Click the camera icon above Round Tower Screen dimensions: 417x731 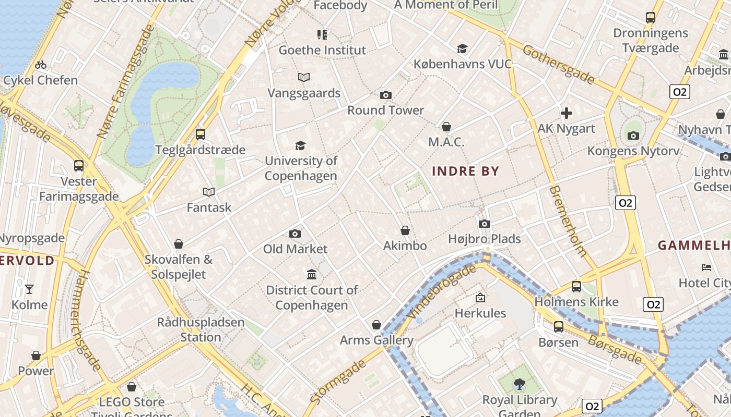386,95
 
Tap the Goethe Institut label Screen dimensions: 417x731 322,50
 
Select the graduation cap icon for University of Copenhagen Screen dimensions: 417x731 300,145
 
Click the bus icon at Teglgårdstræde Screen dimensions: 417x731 201,134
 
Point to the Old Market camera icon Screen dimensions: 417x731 295,234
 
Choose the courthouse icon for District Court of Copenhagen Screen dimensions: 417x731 312,275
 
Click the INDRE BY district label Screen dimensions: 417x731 466,171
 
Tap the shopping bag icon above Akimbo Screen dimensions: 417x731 405,230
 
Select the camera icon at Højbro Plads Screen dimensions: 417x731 485,224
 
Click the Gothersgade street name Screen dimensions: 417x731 558,64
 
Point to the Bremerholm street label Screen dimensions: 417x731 568,220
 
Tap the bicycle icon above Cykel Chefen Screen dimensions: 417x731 41,65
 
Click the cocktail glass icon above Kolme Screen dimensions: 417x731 29,289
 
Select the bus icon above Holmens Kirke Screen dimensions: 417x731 576,286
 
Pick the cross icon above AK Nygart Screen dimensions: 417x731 567,113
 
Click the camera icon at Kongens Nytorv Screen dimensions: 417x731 633,136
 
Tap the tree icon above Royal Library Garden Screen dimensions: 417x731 520,385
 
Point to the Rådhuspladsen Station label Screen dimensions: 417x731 201,329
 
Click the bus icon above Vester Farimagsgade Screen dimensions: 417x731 79,166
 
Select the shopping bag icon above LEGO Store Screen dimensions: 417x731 132,387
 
